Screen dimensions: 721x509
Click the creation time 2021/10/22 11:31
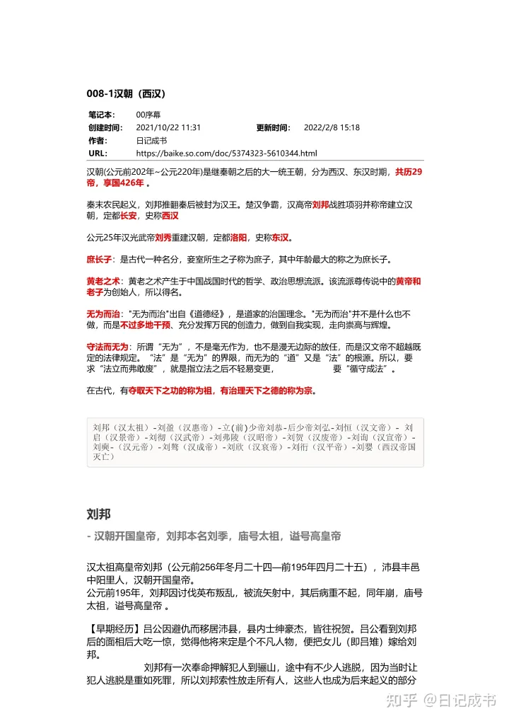point(168,128)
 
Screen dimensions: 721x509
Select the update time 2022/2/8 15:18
point(332,128)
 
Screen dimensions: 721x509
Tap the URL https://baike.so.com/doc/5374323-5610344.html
point(226,153)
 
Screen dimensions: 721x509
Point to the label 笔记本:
point(101,115)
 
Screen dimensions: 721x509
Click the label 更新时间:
point(273,128)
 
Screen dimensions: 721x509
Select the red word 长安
point(128,216)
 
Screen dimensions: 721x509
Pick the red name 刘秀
point(163,238)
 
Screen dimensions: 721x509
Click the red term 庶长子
point(98,260)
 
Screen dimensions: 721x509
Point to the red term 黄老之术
point(103,282)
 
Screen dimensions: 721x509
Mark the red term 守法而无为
point(107,347)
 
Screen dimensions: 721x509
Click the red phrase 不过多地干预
point(145,325)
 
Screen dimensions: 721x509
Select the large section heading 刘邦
point(98,513)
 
